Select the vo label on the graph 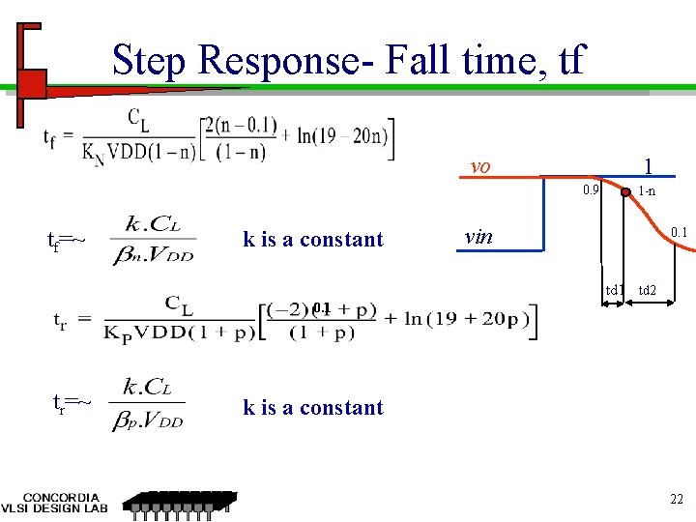tap(480, 166)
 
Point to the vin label tap(478, 237)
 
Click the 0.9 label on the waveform tap(589, 190)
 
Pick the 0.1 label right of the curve tap(679, 232)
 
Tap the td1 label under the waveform tap(615, 290)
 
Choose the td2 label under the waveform tap(648, 290)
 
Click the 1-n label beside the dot tap(647, 191)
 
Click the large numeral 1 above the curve tap(649, 165)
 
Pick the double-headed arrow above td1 tap(615, 304)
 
